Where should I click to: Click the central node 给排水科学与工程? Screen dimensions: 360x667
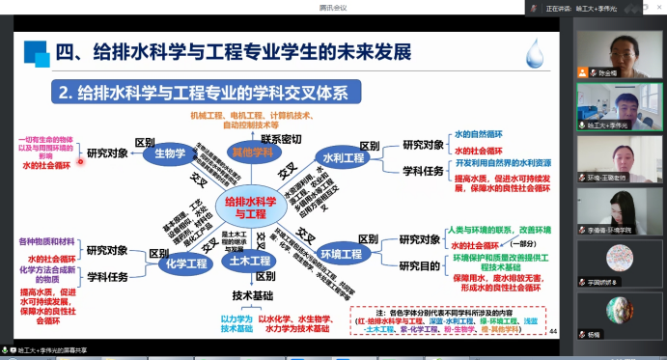(245, 207)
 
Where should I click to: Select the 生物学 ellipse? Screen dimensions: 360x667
(170, 152)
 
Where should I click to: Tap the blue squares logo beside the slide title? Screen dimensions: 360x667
(37, 52)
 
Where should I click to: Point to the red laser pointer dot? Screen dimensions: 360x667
(80, 163)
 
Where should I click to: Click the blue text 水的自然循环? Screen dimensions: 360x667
(482, 136)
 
